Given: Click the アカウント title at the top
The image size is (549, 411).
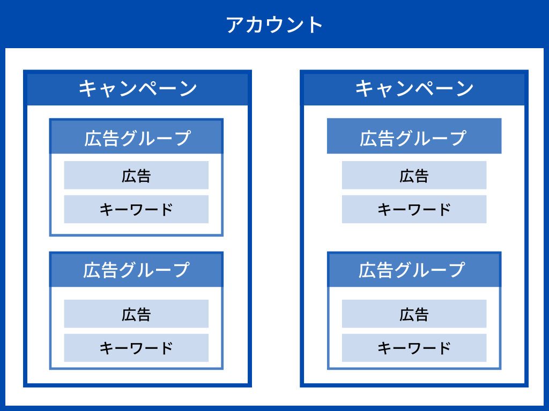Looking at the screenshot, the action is tap(274, 25).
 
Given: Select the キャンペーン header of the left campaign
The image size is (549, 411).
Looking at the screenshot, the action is tap(138, 88).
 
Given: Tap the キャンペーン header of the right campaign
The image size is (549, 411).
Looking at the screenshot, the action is tap(414, 88).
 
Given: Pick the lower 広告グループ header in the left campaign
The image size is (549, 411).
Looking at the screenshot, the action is tap(136, 270).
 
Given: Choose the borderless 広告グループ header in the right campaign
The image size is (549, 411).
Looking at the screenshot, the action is tap(414, 136).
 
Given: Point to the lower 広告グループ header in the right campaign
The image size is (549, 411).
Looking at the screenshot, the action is tap(414, 270).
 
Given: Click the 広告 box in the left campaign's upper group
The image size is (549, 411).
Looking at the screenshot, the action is tap(136, 175).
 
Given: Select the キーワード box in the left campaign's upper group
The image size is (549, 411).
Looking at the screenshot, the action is tap(136, 209).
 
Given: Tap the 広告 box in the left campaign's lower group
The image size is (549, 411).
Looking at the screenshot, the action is tap(136, 314).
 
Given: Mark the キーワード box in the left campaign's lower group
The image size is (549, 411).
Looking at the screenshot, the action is tap(136, 348).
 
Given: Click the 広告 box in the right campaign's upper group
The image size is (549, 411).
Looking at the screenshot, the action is tap(414, 175).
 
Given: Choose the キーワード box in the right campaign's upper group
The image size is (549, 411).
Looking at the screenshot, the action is tap(414, 209).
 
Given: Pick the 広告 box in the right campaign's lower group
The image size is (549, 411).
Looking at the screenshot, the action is tap(414, 314).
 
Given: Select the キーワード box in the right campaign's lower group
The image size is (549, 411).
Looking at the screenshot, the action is tap(414, 348).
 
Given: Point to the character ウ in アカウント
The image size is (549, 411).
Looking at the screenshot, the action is tap(274, 25).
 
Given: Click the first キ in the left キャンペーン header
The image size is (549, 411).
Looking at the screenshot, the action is tap(87, 88).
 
